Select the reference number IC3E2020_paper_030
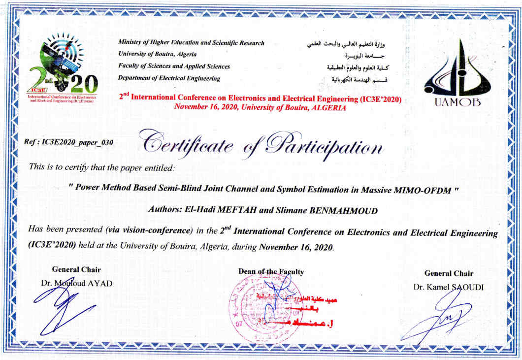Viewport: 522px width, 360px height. (69, 142)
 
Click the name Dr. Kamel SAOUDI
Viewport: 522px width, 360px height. (449, 287)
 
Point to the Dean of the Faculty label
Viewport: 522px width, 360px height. (271, 272)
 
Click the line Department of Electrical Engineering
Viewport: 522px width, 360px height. (169, 78)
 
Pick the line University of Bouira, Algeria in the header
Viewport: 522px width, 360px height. (158, 54)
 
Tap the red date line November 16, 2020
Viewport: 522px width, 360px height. (260, 108)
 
